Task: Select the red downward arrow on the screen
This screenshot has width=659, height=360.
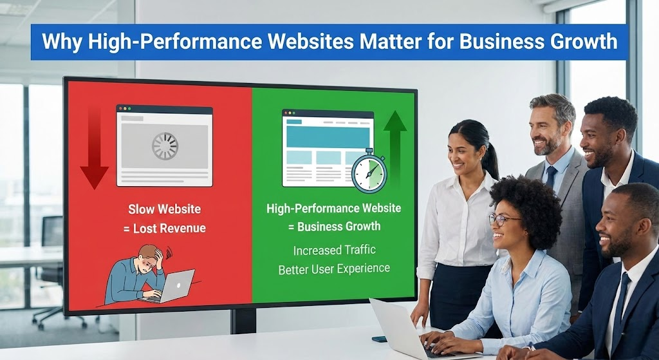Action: (94, 148)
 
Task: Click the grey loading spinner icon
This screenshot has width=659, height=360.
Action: (165, 146)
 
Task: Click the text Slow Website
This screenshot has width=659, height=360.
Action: (165, 209)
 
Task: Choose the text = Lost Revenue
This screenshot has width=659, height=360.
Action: (165, 229)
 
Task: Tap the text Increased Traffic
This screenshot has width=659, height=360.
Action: (334, 251)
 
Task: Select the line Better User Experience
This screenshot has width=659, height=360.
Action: (334, 269)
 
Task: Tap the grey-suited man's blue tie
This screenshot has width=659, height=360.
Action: (551, 177)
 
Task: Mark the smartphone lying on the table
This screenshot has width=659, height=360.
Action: (379, 339)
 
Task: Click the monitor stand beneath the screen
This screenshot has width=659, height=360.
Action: (243, 321)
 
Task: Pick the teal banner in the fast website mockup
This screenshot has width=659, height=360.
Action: (328, 137)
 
